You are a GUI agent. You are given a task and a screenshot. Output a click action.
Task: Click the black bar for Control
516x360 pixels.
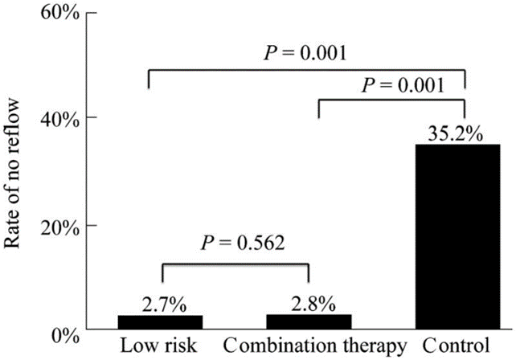pyautogui.click(x=458, y=236)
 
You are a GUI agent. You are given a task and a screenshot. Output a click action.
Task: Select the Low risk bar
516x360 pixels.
pyautogui.click(x=160, y=322)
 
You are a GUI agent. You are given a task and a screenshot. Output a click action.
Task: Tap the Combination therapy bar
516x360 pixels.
pyautogui.click(x=309, y=321)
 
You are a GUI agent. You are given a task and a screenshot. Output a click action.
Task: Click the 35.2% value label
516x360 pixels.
pyautogui.click(x=456, y=133)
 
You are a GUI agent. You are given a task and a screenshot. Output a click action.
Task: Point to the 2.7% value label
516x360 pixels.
pyautogui.click(x=164, y=305)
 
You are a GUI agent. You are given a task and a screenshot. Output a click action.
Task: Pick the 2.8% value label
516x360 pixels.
pyautogui.click(x=313, y=304)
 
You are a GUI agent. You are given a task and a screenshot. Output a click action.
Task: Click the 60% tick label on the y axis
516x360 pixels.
pyautogui.click(x=59, y=13)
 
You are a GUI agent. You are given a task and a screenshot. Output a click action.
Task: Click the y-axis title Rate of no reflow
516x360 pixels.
pyautogui.click(x=12, y=174)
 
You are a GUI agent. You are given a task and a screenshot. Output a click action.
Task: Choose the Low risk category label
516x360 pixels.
pyautogui.click(x=158, y=346)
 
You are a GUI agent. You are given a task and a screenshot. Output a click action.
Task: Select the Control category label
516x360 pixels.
pyautogui.click(x=456, y=346)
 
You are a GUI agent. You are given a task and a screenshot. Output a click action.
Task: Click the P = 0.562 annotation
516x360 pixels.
pyautogui.click(x=243, y=243)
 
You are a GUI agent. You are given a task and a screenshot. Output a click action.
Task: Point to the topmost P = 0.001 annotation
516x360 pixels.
pyautogui.click(x=305, y=53)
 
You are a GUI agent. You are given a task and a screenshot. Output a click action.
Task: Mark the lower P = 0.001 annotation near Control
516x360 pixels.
pyautogui.click(x=403, y=85)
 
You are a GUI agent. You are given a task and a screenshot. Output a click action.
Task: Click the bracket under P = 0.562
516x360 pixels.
pyautogui.click(x=235, y=264)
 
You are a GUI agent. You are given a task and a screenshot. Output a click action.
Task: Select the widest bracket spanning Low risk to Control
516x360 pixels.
pyautogui.click(x=307, y=70)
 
